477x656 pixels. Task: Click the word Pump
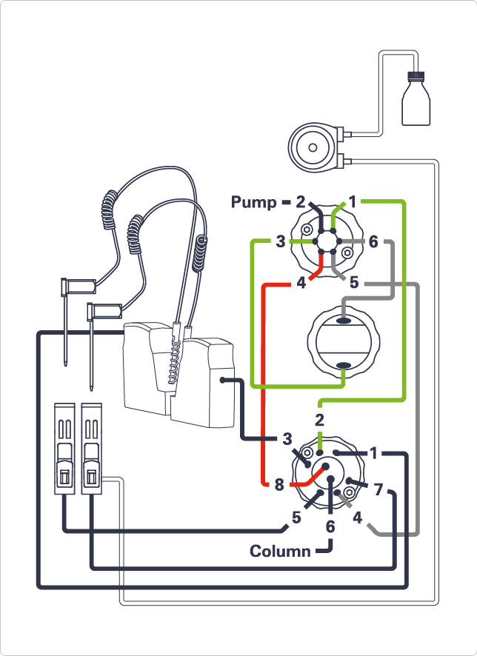(x=252, y=201)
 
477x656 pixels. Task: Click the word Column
(x=280, y=551)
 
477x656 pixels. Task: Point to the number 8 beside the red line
(x=278, y=486)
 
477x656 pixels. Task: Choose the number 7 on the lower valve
(x=378, y=489)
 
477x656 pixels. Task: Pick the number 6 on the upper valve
(x=373, y=242)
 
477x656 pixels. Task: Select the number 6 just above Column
(x=330, y=526)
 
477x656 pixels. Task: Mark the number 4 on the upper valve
(x=301, y=282)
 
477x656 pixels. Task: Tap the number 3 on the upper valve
(x=281, y=242)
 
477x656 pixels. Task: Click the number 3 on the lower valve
(x=287, y=438)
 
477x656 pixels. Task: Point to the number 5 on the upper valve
(x=354, y=282)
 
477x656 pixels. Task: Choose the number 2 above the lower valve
(x=320, y=420)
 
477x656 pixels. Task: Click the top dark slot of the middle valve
(x=343, y=321)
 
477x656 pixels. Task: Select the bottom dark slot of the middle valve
(x=343, y=365)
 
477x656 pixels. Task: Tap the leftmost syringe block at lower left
(x=65, y=449)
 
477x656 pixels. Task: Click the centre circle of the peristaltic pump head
(x=313, y=148)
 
